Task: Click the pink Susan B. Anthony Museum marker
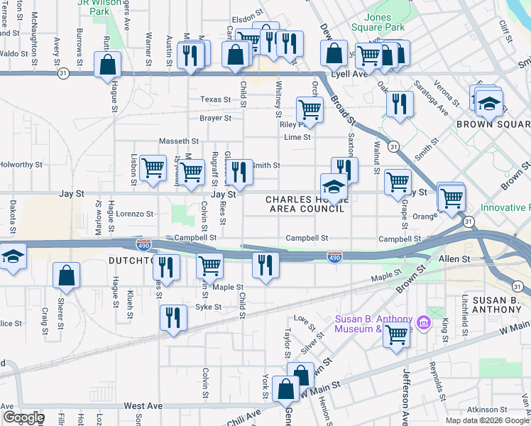pyautogui.click(x=425, y=323)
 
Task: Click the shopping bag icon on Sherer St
pyautogui.click(x=66, y=277)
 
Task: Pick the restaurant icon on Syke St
pyautogui.click(x=172, y=317)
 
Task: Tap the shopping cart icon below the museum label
pyautogui.click(x=396, y=334)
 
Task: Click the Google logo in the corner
pyautogui.click(x=23, y=417)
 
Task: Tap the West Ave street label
pyautogui.click(x=143, y=406)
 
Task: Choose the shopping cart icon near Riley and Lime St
pyautogui.click(x=309, y=110)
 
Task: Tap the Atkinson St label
pyautogui.click(x=491, y=409)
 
